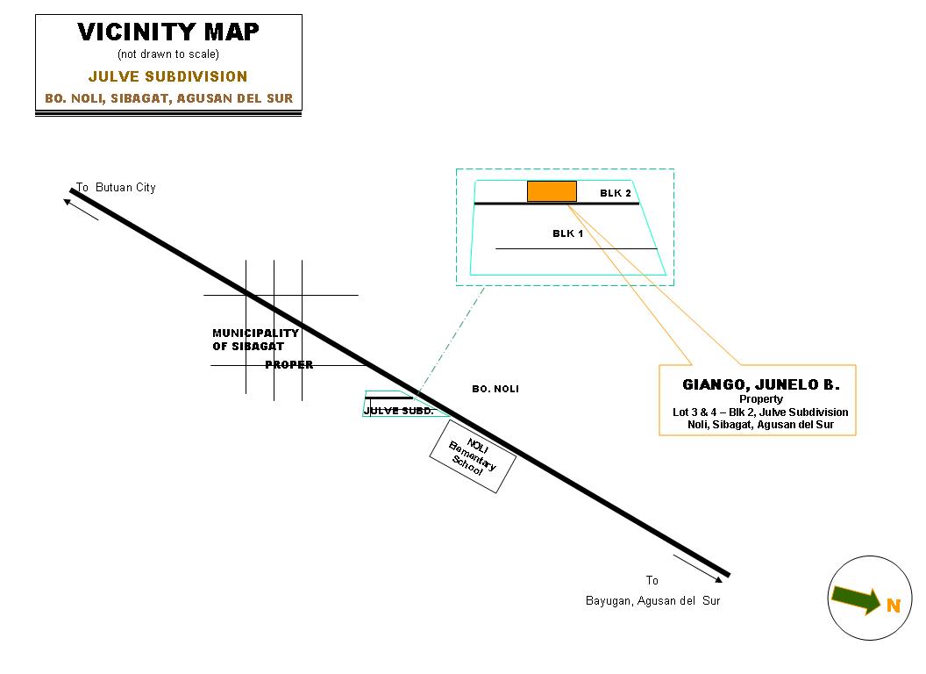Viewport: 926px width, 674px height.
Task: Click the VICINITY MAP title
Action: pos(168,32)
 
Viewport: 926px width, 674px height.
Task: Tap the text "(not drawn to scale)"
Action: pos(168,54)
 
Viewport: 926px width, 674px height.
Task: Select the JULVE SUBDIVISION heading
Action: pos(168,76)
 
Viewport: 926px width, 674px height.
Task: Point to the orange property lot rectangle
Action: pos(552,191)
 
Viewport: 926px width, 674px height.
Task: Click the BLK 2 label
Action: pos(616,192)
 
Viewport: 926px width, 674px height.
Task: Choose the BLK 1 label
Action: pos(567,233)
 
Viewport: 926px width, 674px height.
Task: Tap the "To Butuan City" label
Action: pos(116,188)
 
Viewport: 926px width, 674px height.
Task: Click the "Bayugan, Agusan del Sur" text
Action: pos(652,601)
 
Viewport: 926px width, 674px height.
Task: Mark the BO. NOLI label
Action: pos(495,389)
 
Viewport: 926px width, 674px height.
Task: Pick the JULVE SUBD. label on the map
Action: pos(398,410)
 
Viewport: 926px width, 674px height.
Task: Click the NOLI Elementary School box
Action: pos(472,457)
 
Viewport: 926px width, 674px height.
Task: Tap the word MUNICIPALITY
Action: pos(255,333)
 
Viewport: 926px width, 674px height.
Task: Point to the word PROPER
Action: pos(288,365)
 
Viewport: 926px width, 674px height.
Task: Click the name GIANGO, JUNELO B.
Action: pos(760,385)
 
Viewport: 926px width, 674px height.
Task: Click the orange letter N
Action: pos(893,606)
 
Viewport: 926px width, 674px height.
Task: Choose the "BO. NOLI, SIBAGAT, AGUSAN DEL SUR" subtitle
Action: pos(168,98)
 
